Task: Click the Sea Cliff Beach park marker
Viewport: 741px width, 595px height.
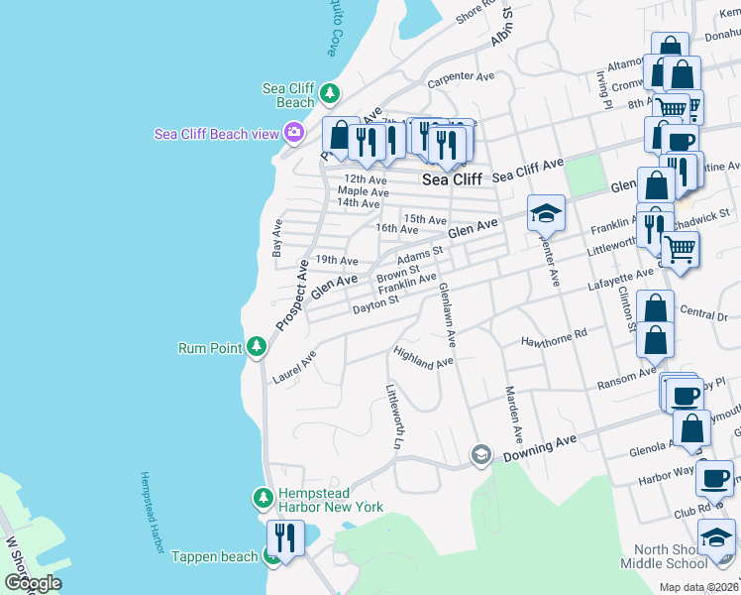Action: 330,94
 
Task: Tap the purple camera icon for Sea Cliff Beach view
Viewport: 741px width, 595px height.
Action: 293,132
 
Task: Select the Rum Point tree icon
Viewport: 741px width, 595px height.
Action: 257,346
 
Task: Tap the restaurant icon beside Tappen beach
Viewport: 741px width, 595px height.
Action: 285,539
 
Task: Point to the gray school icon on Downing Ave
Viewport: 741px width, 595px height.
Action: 481,454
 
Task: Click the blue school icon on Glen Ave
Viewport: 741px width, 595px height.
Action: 545,212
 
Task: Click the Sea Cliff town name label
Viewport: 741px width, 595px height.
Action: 452,179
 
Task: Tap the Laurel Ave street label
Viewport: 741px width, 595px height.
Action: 294,366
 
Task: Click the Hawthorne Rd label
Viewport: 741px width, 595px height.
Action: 555,341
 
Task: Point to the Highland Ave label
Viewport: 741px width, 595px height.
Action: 423,358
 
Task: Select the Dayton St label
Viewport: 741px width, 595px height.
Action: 374,304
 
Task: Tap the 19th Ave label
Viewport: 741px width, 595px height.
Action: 335,260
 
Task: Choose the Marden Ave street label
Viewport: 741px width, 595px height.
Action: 513,414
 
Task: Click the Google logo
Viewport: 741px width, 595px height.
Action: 33,583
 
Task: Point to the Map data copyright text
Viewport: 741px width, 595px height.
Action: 698,587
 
